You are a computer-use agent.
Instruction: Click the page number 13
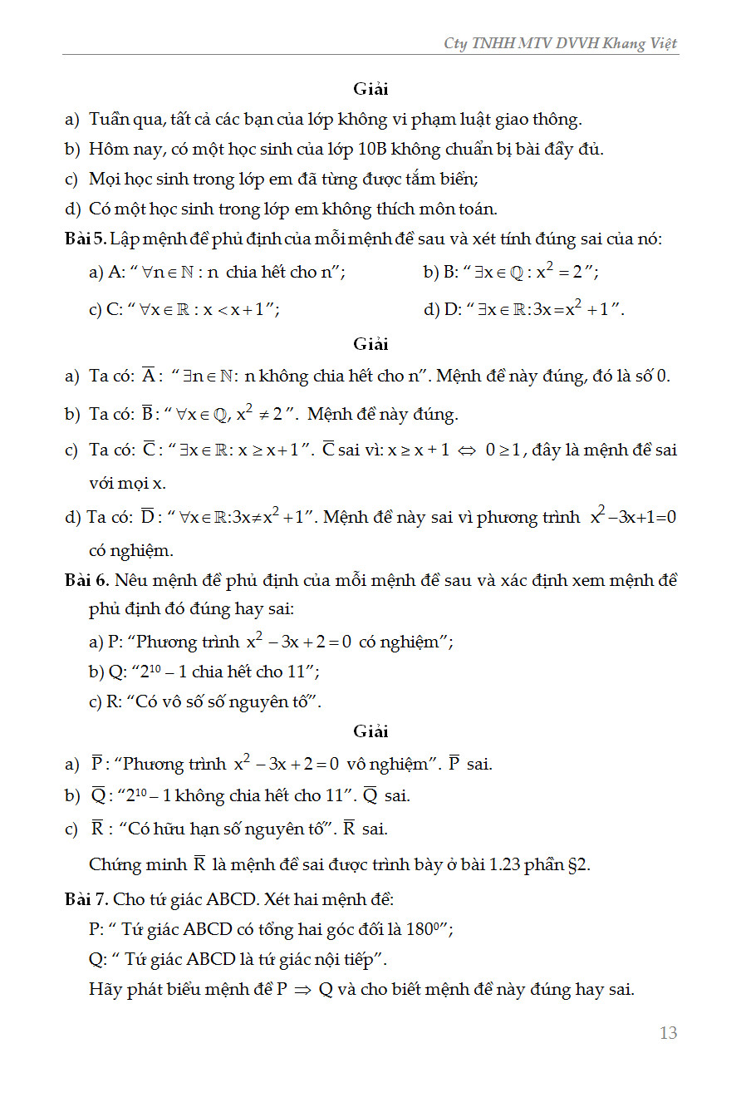[x=668, y=1033]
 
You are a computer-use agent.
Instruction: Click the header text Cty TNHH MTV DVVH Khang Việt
[x=561, y=43]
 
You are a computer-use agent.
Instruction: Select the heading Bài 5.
[x=85, y=239]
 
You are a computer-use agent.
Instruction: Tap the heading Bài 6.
[x=85, y=580]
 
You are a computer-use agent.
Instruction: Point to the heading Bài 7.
[x=85, y=899]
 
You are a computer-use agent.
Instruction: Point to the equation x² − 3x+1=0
[x=633, y=517]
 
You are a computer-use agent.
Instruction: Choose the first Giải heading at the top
[x=370, y=89]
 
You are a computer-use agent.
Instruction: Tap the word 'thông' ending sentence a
[x=557, y=120]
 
